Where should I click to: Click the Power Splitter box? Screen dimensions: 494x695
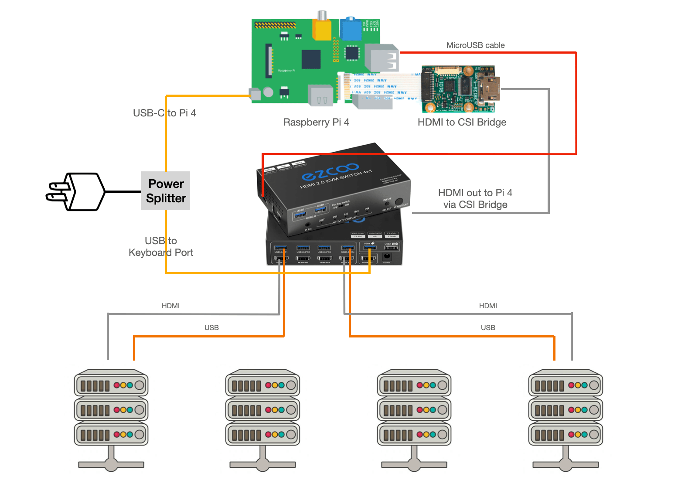(x=166, y=191)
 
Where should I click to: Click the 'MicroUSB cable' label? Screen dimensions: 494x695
(x=475, y=45)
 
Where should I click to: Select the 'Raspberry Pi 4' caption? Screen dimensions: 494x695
(x=316, y=122)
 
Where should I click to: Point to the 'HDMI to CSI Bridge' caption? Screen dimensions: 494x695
(x=462, y=122)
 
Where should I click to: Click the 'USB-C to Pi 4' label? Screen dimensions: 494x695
(x=164, y=113)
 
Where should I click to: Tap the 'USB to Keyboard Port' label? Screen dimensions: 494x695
(x=161, y=247)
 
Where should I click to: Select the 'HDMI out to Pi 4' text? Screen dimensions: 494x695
(x=475, y=193)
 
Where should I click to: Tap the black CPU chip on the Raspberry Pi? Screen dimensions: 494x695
(x=311, y=59)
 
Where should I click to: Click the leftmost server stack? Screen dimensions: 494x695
(x=111, y=419)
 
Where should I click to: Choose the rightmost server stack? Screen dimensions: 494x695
(x=566, y=419)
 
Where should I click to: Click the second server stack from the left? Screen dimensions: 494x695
(x=262, y=419)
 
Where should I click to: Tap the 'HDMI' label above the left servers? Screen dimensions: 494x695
(x=170, y=306)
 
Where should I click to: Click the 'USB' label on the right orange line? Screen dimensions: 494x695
(x=488, y=328)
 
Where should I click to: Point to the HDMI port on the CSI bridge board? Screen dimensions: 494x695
(x=489, y=89)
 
